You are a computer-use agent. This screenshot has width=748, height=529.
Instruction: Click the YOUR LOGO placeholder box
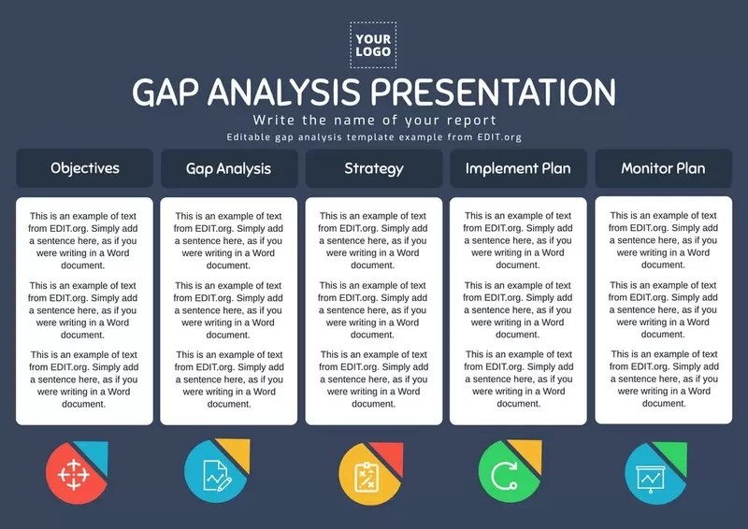[373, 44]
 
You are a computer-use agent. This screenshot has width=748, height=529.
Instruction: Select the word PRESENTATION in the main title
[493, 93]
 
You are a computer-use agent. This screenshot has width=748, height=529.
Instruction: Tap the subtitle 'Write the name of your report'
[374, 121]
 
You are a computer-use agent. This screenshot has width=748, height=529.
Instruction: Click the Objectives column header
[84, 168]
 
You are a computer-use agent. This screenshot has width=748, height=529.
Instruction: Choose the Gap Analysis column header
[228, 168]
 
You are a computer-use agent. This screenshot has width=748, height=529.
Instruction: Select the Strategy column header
[373, 168]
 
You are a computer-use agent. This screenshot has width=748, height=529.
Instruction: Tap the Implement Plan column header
[518, 168]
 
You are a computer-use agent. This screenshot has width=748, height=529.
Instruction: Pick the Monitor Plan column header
[663, 168]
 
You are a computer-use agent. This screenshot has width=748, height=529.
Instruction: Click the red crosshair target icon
[72, 474]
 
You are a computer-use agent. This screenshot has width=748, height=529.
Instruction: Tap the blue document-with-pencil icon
[215, 474]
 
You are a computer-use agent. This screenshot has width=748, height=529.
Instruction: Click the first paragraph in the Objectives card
[84, 240]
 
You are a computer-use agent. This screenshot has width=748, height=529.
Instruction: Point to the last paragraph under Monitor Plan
[663, 379]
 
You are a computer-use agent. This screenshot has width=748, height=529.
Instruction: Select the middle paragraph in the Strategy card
[373, 309]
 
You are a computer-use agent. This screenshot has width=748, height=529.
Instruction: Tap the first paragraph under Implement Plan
[518, 240]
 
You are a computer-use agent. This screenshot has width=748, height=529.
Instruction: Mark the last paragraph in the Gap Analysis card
[228, 379]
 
